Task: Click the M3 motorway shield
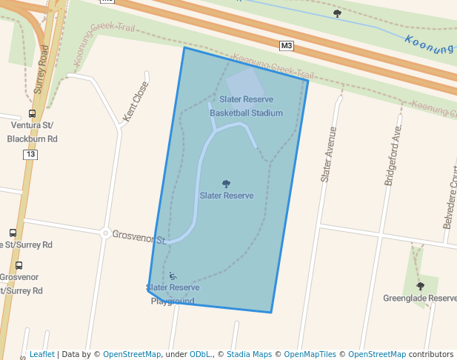tap(287, 46)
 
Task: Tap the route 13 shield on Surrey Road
tap(30, 154)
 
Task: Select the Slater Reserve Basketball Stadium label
tap(246, 106)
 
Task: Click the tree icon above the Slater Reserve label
tap(226, 184)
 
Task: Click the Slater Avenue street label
tap(327, 154)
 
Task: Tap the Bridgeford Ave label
tap(393, 154)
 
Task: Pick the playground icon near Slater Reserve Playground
tap(173, 276)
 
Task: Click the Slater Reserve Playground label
tap(173, 294)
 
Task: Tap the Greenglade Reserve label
tap(420, 299)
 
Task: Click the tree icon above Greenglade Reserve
tap(420, 286)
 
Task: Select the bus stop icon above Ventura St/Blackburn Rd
tap(32, 114)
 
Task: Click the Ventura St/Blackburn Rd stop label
tap(32, 132)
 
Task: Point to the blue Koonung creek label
tap(430, 44)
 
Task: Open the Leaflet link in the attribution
tap(41, 355)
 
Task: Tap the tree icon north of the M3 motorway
tap(337, 13)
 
